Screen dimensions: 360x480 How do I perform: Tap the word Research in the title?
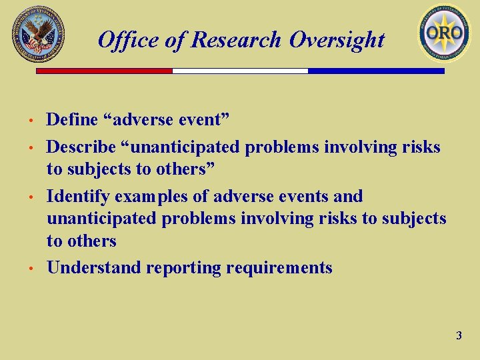(x=237, y=41)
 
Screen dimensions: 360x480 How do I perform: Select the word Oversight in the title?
(x=337, y=41)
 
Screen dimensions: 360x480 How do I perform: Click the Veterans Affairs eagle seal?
(x=38, y=34)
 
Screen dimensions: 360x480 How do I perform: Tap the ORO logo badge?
(x=444, y=33)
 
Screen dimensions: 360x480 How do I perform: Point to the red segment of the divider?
(x=104, y=71)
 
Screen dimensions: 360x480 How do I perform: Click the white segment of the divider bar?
(x=240, y=71)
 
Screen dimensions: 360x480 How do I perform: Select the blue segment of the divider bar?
(x=376, y=71)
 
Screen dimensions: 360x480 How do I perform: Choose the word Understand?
(x=93, y=267)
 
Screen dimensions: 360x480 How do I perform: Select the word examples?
(x=147, y=197)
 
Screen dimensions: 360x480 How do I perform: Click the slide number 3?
(x=459, y=336)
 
